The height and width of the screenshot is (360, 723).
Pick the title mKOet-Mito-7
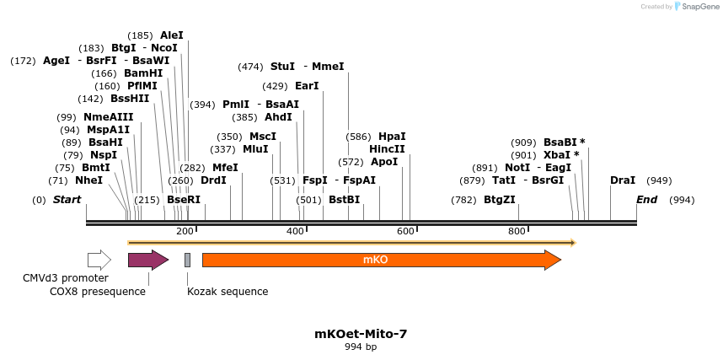click(361, 334)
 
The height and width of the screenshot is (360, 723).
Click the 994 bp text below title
click(361, 347)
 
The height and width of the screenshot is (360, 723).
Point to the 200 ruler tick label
click(185, 231)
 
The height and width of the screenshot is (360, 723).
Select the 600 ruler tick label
click(405, 231)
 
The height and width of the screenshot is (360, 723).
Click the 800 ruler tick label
click(516, 231)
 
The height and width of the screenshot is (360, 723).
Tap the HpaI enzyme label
click(392, 137)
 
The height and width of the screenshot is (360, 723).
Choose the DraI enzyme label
click(623, 180)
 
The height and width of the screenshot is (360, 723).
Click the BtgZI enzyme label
click(499, 200)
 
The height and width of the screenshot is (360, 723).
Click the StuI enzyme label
click(282, 67)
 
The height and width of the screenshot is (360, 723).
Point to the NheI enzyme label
click(88, 180)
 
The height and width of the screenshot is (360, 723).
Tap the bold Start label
click(67, 200)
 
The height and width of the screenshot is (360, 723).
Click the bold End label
click(646, 200)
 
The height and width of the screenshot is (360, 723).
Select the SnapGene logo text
click(698, 7)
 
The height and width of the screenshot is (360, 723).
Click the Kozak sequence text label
click(228, 292)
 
